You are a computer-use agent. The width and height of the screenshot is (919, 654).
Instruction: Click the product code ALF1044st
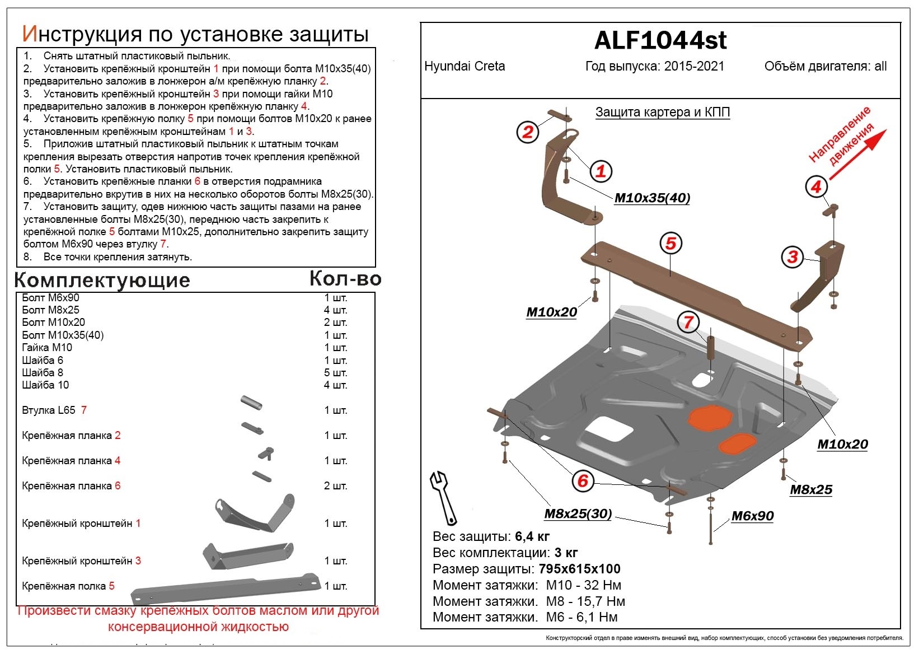pos(660,40)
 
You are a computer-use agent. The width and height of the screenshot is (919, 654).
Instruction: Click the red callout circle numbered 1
pos(601,171)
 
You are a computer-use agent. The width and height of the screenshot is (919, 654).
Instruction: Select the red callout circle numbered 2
pos(527,133)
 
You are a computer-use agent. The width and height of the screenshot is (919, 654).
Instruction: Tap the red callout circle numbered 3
pos(793,257)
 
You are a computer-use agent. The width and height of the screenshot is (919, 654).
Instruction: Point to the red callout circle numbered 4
pos(816,186)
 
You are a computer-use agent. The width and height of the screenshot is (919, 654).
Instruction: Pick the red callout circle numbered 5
pos(671,244)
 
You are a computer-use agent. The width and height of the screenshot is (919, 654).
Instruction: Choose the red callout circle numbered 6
pos(583,480)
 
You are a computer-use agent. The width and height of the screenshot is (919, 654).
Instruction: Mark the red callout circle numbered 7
pos(688,322)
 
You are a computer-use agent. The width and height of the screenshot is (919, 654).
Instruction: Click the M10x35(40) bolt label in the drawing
pos(652,198)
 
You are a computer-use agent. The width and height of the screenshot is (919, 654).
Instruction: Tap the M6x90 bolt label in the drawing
pos(752,516)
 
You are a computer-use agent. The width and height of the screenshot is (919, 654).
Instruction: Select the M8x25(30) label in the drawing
pos(578,514)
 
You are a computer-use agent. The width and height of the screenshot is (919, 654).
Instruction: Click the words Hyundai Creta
pos(465,67)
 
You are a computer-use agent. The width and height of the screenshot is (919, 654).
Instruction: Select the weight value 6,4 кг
pos(532,537)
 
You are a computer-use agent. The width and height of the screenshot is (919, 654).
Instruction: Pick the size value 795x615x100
pos(579,569)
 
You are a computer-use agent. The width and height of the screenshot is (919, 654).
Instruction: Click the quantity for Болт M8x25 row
pos(335,310)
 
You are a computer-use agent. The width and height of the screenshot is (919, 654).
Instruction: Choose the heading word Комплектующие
pos(102,280)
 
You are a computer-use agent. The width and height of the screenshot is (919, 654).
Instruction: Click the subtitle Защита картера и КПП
pos(663,113)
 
